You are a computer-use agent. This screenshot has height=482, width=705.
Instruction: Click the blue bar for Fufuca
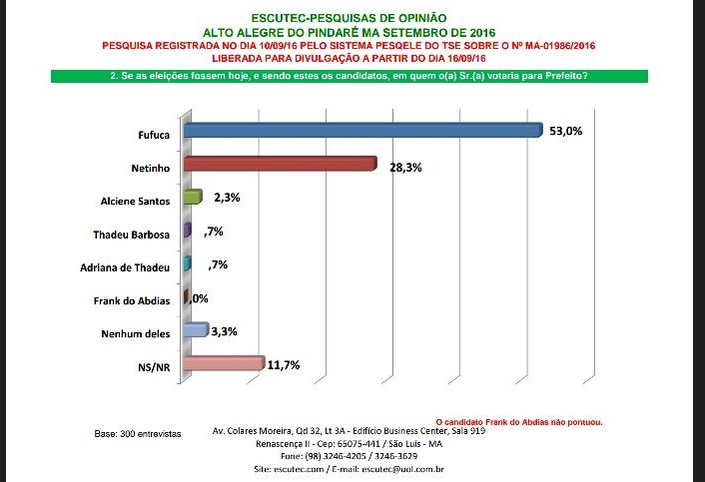[x=361, y=131]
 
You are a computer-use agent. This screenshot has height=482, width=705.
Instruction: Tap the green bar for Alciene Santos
[x=193, y=198]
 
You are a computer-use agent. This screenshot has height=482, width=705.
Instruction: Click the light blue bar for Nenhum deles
[x=196, y=330]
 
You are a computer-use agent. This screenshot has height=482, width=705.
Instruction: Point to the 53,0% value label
[x=564, y=130]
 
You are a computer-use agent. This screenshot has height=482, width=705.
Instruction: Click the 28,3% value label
[x=405, y=168]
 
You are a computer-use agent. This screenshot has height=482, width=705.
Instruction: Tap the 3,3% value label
[x=225, y=332]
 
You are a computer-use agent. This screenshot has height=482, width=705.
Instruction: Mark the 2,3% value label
[x=227, y=199]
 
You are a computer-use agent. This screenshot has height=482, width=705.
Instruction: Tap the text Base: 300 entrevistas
[x=137, y=435]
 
